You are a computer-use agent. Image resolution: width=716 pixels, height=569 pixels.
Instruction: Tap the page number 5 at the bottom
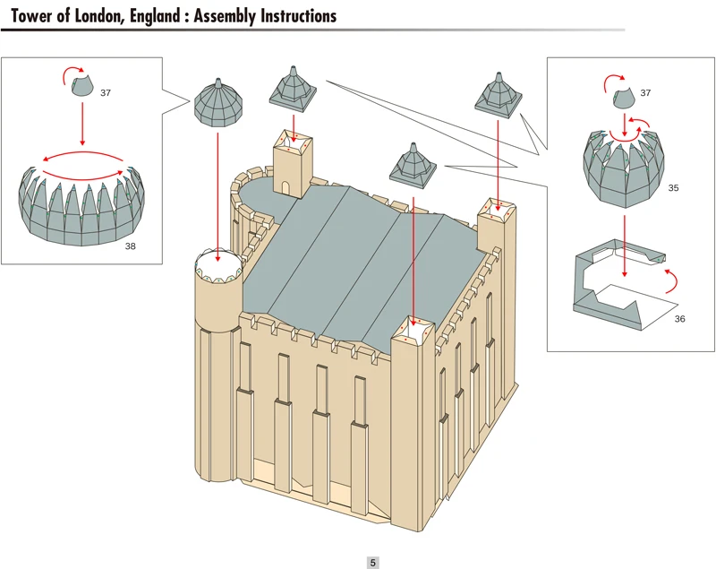[373, 563]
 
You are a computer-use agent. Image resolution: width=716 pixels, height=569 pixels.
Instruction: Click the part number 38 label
[131, 245]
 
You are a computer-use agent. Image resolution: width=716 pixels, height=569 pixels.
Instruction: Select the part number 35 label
[673, 189]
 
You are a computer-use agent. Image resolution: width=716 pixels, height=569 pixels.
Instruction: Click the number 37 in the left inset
[106, 93]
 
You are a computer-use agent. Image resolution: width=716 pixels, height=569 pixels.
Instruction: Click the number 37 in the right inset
[645, 93]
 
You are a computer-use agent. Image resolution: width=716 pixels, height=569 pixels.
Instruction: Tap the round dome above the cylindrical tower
[217, 101]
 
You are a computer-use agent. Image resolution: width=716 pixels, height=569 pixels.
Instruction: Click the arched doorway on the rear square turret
[286, 186]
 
